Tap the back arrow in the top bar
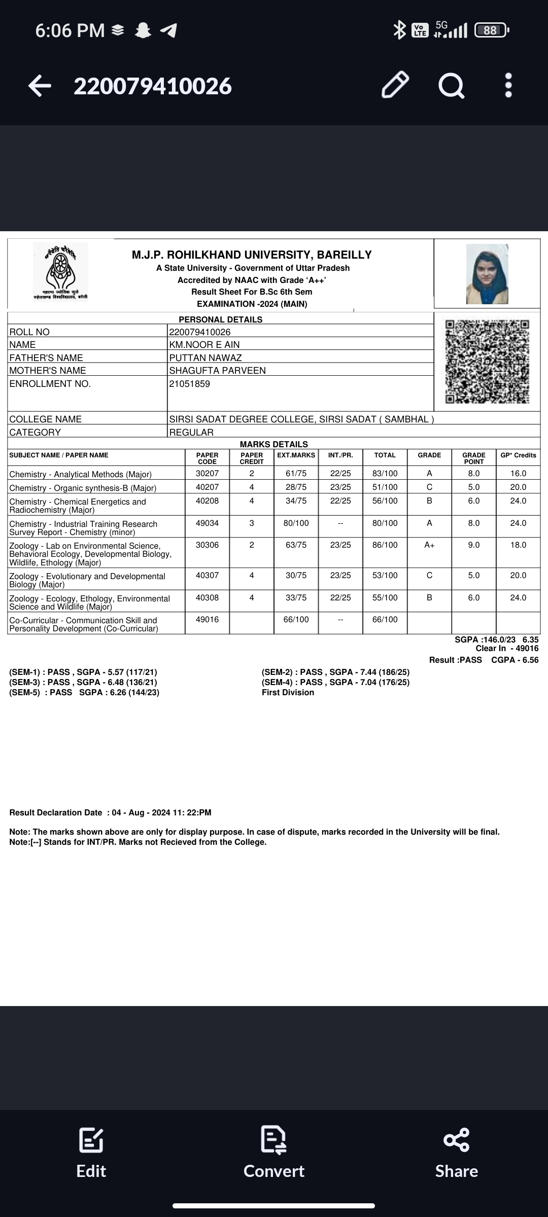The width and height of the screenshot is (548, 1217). tap(40, 86)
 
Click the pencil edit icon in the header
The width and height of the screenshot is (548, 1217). tap(395, 85)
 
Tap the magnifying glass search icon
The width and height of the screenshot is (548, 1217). tap(451, 85)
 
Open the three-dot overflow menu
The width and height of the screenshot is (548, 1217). tap(508, 85)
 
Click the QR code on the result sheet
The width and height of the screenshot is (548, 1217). tap(487, 361)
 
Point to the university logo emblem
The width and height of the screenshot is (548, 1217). tap(60, 272)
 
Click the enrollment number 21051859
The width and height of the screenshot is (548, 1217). tap(190, 384)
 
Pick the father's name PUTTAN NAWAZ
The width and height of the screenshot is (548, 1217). tap(205, 357)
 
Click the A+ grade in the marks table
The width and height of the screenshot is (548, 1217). tap(429, 545)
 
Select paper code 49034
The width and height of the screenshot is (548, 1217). tap(207, 523)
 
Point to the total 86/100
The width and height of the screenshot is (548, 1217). tap(385, 545)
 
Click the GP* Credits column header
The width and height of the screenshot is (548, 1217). tap(518, 455)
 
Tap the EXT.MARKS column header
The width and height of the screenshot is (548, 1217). tap(296, 455)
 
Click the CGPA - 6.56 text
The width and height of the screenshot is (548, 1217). tap(515, 660)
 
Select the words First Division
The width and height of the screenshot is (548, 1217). tap(288, 693)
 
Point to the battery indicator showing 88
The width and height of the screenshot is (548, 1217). tap(491, 30)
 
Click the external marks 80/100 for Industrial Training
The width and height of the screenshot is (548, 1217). tap(296, 523)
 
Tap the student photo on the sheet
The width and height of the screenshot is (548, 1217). tap(487, 274)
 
